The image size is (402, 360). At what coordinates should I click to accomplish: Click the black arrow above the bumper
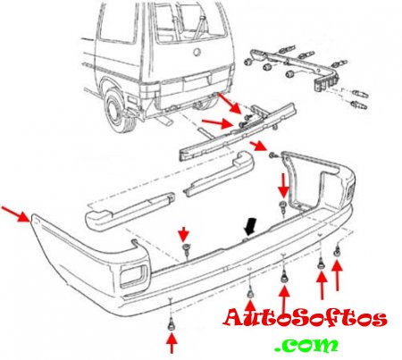[249, 227]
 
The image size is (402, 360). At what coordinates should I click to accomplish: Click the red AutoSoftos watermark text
[306, 318]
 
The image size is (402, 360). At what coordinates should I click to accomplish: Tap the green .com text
[306, 345]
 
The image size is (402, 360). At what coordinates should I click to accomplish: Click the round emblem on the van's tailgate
[197, 52]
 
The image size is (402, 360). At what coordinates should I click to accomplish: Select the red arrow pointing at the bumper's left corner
[15, 213]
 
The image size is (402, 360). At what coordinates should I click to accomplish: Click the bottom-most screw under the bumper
[171, 323]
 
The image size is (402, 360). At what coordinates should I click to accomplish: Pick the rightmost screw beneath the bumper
[338, 251]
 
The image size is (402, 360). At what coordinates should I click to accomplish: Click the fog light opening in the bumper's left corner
[133, 276]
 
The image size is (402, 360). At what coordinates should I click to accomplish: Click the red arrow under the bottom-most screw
[172, 343]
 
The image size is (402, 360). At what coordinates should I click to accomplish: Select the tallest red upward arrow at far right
[337, 275]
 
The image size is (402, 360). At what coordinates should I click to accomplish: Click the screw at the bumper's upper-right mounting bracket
[272, 155]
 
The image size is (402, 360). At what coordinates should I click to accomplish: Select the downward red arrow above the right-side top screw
[283, 186]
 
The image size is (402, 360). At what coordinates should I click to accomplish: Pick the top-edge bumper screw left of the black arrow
[187, 249]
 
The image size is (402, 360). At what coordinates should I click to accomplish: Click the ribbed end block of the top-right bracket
[325, 82]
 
